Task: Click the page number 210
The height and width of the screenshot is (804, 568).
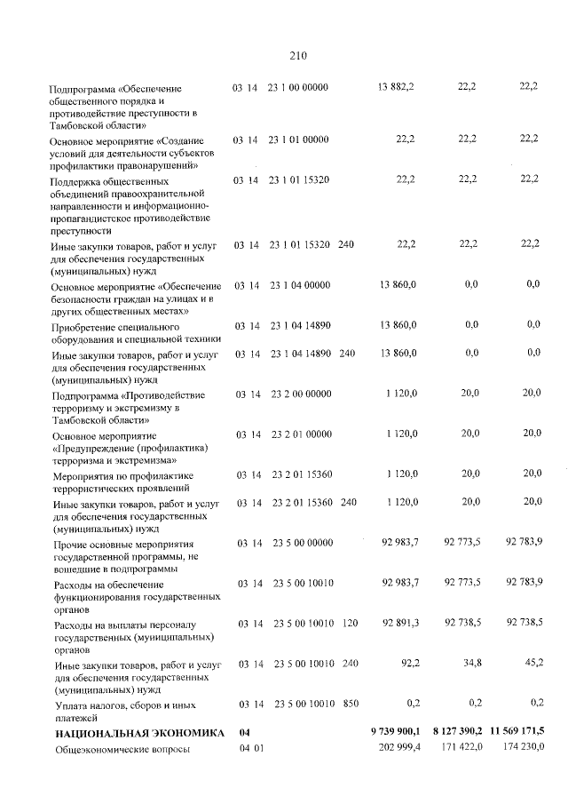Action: pos(297,55)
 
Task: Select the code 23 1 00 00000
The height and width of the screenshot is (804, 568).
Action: pos(297,86)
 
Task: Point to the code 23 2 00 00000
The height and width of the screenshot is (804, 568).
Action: pos(297,392)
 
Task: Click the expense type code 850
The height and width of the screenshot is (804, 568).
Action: pos(350,704)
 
